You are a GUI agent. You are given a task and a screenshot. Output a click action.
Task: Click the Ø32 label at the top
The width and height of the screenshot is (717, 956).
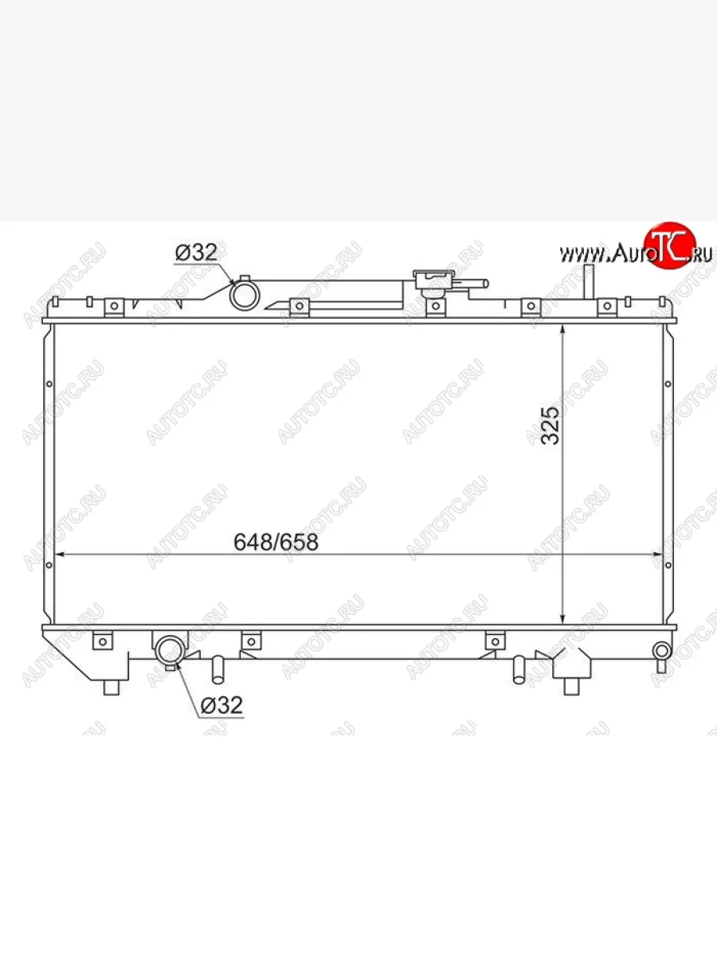(196, 253)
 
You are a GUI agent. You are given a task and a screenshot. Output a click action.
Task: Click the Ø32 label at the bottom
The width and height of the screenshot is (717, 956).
(221, 705)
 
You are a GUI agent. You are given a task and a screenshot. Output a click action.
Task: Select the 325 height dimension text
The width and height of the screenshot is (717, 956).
(550, 425)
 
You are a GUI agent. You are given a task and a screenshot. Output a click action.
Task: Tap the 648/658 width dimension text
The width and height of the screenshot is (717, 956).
(276, 543)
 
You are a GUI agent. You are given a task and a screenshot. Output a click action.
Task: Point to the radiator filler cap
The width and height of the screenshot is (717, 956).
(433, 279)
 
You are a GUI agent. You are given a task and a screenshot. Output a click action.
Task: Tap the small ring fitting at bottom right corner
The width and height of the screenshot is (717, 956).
(661, 652)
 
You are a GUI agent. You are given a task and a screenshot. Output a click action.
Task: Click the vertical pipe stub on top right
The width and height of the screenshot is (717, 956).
(589, 282)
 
